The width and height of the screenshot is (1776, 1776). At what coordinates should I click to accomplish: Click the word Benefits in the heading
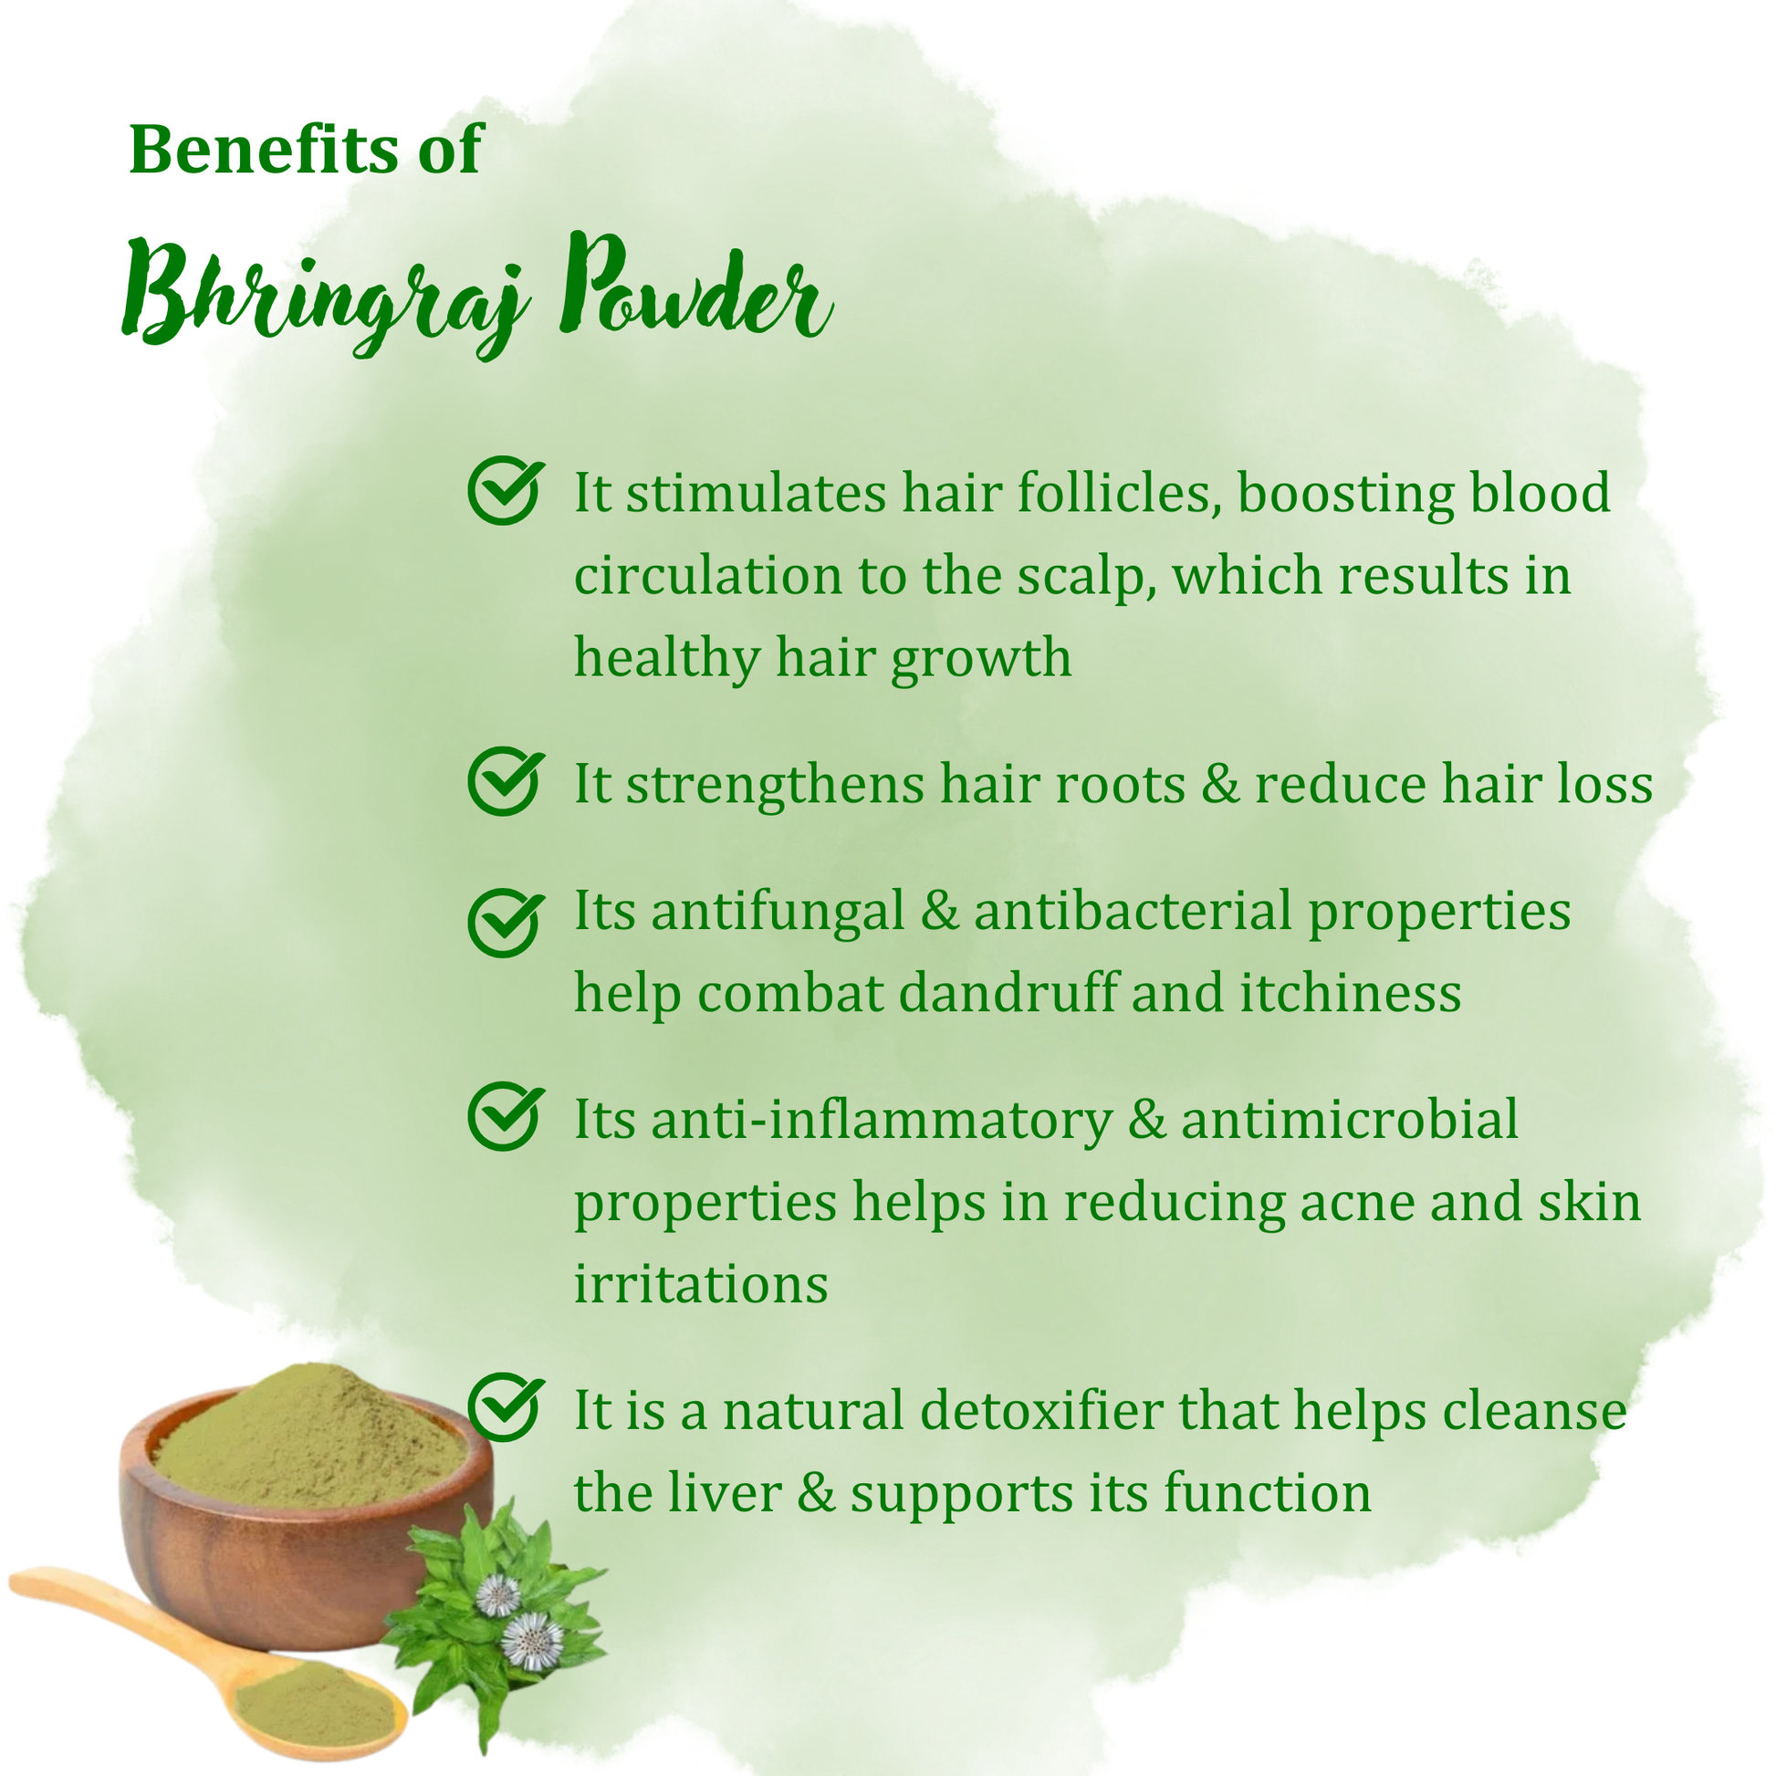[265, 150]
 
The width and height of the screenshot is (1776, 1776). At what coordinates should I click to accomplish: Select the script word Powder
[695, 286]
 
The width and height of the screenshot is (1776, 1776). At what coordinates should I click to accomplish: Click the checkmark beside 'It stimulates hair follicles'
[506, 490]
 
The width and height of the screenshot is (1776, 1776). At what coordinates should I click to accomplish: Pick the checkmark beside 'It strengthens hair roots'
[506, 780]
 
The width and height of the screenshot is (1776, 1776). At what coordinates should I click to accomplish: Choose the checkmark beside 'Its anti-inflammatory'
[506, 1116]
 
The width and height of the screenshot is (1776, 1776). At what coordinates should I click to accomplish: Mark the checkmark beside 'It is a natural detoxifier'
[506, 1407]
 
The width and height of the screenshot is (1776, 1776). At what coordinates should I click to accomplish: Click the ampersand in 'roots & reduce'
[1221, 785]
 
